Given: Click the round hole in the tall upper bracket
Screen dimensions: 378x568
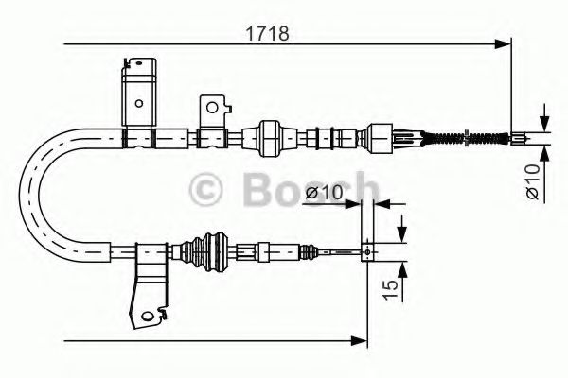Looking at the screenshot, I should pos(138,103).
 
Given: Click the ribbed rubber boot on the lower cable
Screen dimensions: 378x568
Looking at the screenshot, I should pos(203,252).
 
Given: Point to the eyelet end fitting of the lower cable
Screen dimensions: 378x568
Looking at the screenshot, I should pos(367,252).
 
